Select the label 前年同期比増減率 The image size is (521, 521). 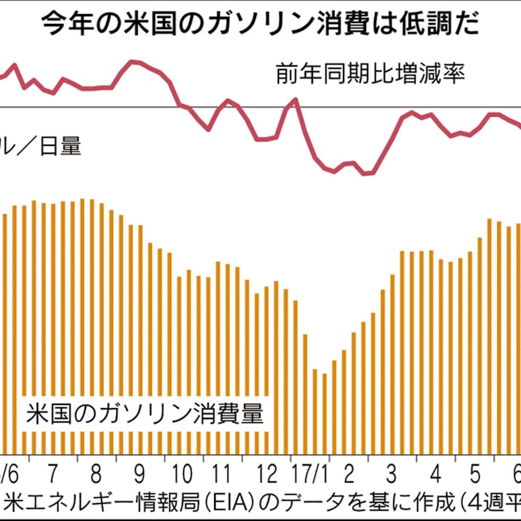[371, 76]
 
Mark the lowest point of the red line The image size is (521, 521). [365, 174]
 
